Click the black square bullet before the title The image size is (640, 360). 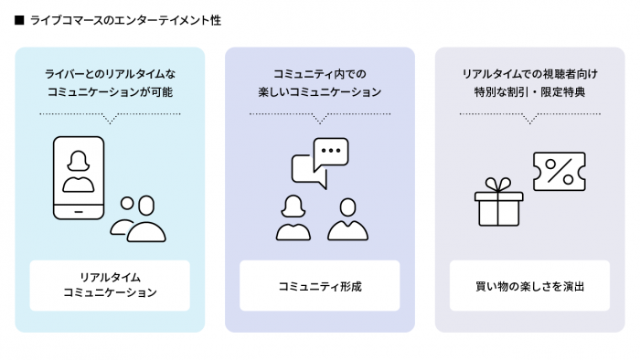coord(20,20)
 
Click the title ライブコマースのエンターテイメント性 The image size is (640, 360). coord(124,20)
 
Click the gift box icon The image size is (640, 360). coord(499,206)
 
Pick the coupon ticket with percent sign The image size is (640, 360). coord(559,172)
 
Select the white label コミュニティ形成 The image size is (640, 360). coord(320,285)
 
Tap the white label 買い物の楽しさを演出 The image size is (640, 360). coord(530,285)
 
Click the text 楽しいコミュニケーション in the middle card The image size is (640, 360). coord(320,92)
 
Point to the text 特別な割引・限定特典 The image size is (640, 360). coord(530,92)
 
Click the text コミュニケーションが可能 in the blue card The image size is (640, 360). coord(110,92)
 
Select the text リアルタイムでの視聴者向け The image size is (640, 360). coord(530,72)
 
